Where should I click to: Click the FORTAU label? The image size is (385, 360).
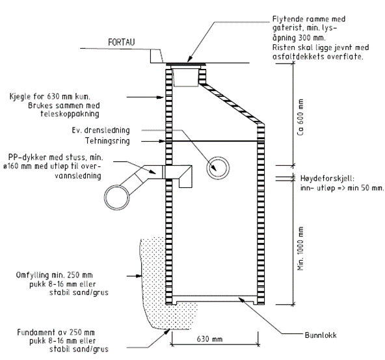click(x=122, y=42)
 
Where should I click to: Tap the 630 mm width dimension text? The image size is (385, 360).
click(x=209, y=339)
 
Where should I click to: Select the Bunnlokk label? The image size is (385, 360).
click(x=321, y=335)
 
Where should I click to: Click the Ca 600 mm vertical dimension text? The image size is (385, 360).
click(x=300, y=117)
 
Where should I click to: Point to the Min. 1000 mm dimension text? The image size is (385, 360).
click(x=300, y=248)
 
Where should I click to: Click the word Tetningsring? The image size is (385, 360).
click(x=107, y=141)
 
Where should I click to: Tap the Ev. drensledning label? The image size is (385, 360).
click(x=101, y=131)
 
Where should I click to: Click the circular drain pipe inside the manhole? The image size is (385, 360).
click(x=218, y=168)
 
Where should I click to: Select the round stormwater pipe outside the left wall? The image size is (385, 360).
click(x=116, y=198)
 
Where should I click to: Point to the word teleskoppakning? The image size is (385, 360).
click(x=70, y=114)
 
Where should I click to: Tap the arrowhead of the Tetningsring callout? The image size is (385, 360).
click(x=161, y=141)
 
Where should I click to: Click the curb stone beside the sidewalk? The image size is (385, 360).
click(x=156, y=56)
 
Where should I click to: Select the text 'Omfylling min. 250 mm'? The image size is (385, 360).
click(x=54, y=275)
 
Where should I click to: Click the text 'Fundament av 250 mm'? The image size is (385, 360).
click(x=56, y=333)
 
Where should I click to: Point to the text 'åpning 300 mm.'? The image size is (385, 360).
click(x=299, y=38)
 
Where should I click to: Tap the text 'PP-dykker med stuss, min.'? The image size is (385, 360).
click(x=56, y=157)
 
